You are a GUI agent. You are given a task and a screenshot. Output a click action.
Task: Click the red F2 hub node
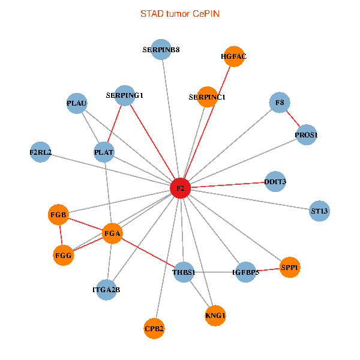tap(180, 188)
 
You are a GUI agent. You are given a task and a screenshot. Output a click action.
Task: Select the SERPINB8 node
tap(161, 50)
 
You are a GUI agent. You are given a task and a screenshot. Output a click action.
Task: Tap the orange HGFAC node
tap(233, 56)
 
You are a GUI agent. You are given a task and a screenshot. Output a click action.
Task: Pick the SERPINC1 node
tap(207, 97)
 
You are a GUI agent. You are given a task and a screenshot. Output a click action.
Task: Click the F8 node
tap(280, 103)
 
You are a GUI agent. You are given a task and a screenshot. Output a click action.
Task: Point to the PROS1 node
tap(306, 136)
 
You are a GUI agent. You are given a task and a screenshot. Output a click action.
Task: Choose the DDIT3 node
tap(275, 182)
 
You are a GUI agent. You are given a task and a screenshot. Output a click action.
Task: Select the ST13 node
tap(320, 211)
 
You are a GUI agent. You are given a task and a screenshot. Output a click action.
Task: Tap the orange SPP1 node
tap(290, 268)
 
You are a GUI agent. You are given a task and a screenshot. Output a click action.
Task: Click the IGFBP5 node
tap(245, 272)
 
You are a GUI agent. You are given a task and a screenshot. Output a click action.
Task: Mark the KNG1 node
tap(215, 315)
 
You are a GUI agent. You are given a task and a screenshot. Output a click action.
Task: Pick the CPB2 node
tap(154, 328)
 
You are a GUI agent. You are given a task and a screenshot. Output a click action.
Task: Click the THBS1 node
tap(184, 272)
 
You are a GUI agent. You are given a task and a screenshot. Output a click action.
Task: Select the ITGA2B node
tap(106, 290)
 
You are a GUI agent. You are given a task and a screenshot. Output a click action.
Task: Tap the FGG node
tap(63, 256)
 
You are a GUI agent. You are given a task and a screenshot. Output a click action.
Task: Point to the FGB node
tap(59, 214)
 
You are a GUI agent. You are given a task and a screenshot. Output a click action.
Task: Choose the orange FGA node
tap(112, 233)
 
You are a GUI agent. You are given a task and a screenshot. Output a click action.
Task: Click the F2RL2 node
tap(41, 152)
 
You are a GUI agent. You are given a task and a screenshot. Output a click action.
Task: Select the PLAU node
tap(77, 103)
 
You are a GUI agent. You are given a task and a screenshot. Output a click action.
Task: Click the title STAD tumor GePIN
tap(180, 13)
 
